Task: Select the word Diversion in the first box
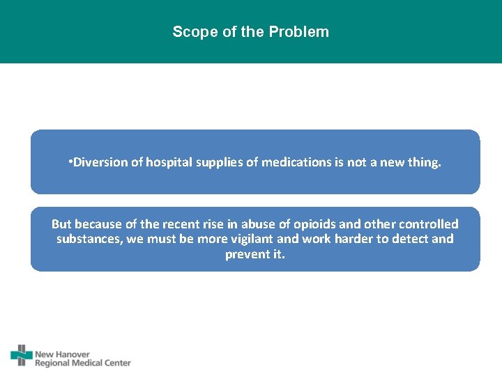[x=98, y=162]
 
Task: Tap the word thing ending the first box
[x=425, y=162]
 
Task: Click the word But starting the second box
[x=61, y=224]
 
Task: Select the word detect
[x=412, y=239]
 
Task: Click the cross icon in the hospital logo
[x=22, y=356]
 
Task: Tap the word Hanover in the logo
[x=73, y=354]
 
